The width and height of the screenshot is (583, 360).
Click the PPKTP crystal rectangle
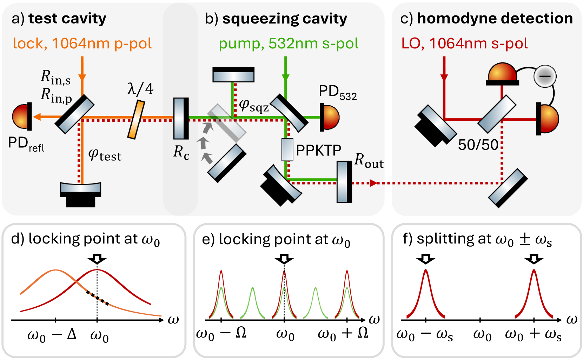coord(287,149)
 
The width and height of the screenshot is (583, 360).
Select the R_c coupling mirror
coord(181,118)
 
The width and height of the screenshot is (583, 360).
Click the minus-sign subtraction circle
coord(545,76)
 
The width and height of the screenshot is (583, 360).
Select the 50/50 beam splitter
coord(497,114)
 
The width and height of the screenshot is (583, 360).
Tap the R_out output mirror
coord(344,182)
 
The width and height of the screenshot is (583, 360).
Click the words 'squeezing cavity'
coord(285,19)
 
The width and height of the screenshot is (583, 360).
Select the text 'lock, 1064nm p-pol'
coord(82,44)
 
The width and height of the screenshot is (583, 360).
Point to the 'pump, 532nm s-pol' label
coord(289,44)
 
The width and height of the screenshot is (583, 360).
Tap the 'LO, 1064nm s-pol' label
coord(464,44)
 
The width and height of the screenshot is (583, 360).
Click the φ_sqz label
coord(253,105)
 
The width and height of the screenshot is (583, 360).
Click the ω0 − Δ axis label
coord(52,335)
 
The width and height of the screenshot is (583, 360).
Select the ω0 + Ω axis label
coord(343,333)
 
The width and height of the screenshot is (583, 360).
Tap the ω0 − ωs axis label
coord(424,335)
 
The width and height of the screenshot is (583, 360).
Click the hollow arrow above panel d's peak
coord(97,259)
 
